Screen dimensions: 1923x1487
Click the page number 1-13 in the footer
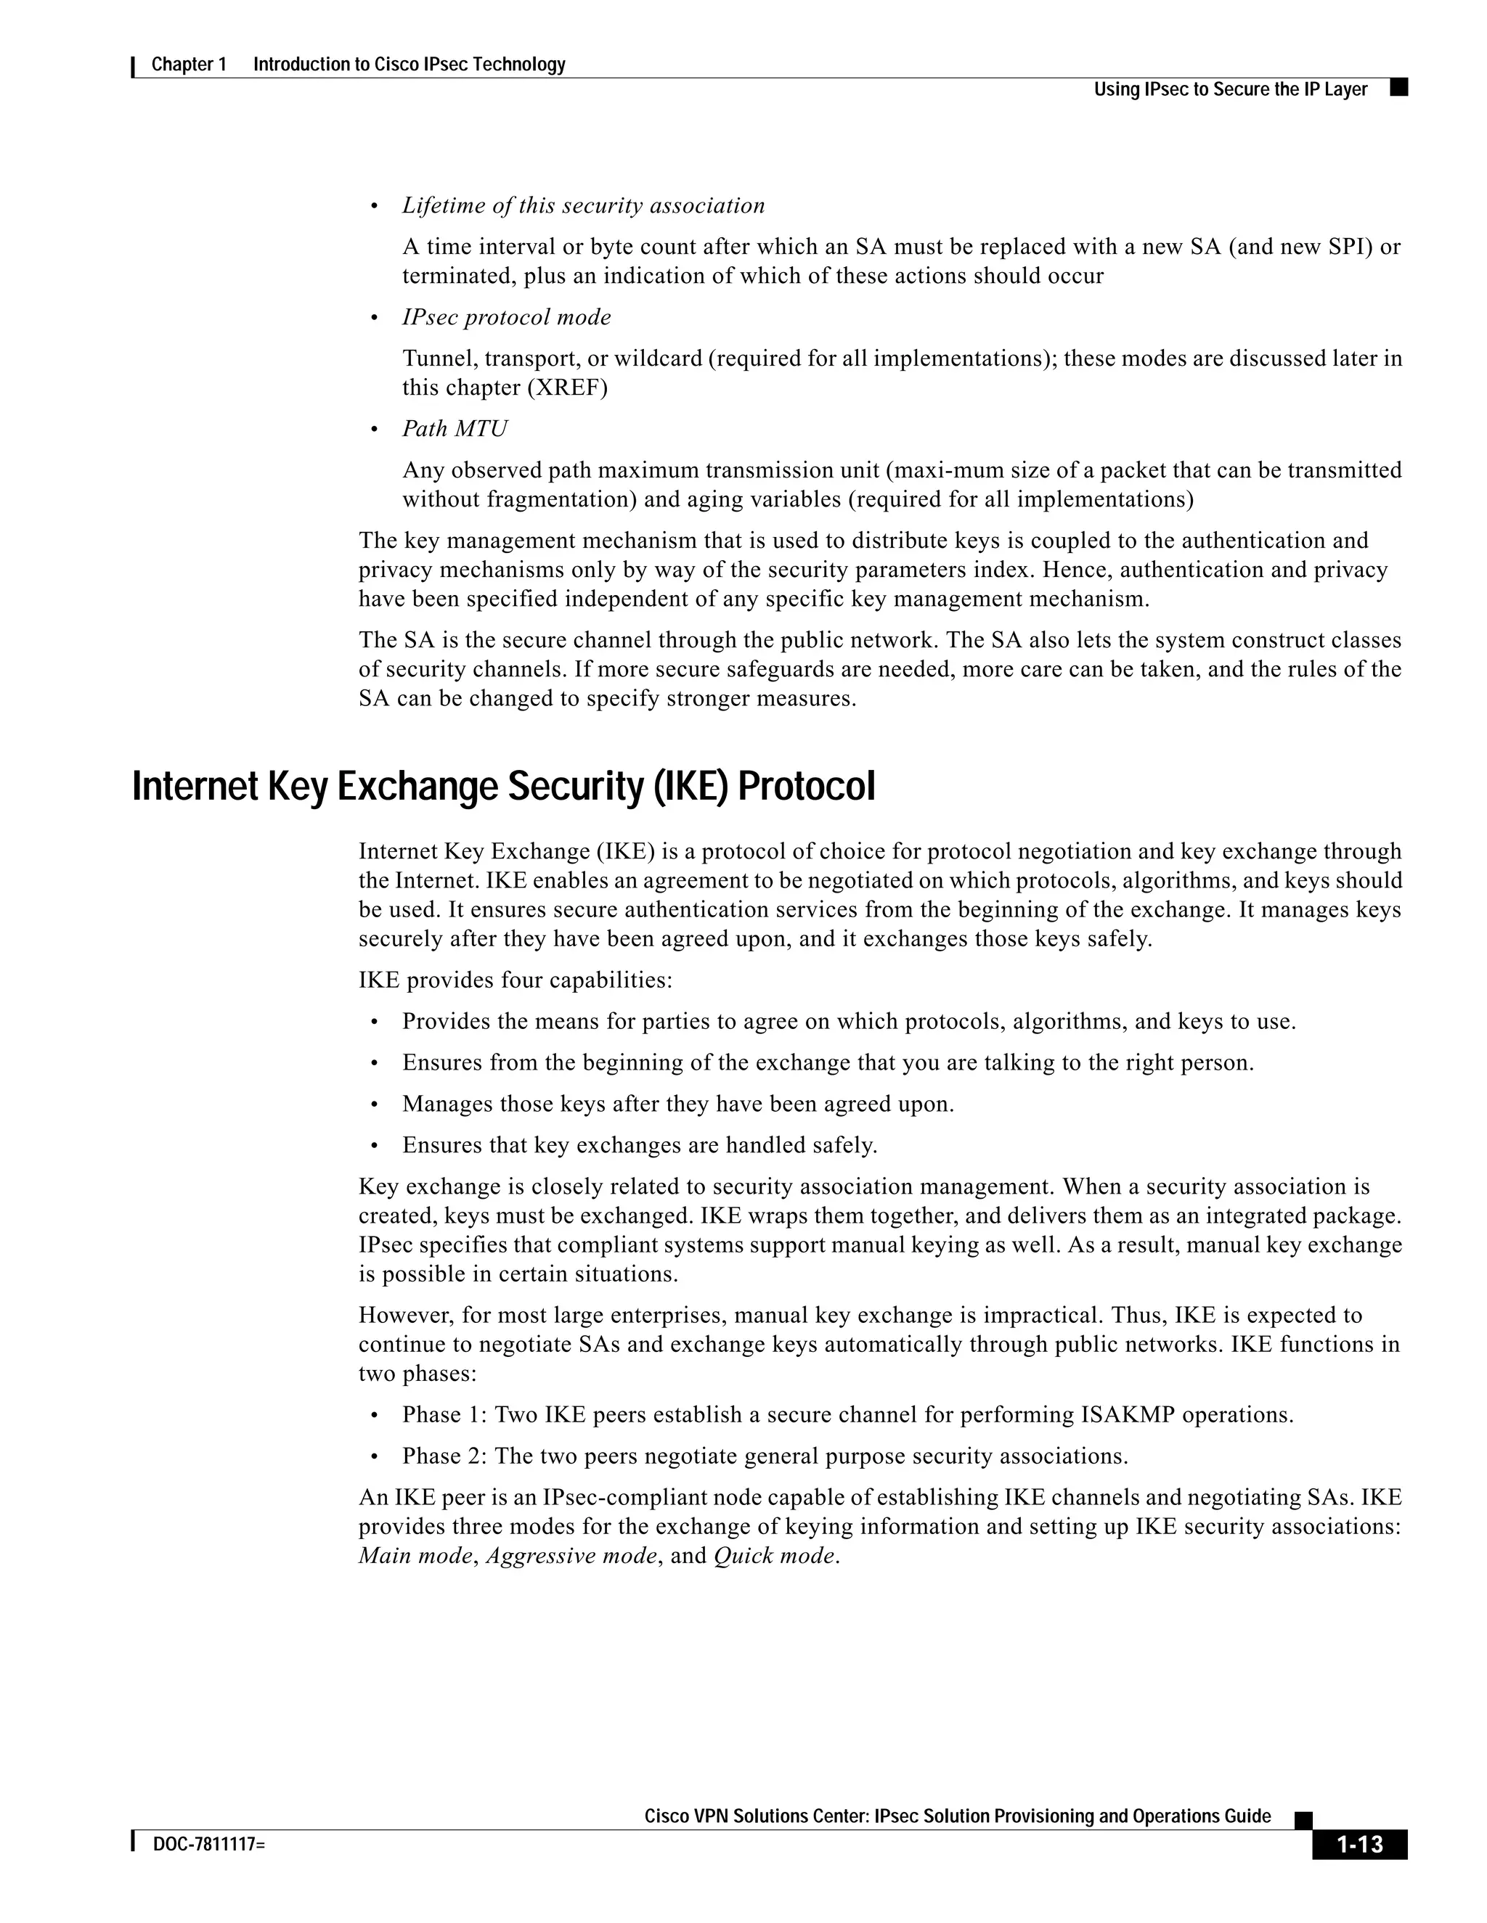click(x=1359, y=1843)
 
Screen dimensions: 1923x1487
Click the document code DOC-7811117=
click(x=209, y=1844)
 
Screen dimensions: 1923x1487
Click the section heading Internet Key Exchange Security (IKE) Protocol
click(x=503, y=787)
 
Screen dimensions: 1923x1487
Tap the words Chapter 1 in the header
click(x=189, y=65)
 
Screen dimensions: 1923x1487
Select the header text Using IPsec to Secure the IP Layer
click(x=1230, y=89)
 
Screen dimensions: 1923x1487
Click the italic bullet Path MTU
click(x=455, y=429)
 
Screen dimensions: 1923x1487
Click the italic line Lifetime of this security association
click(x=583, y=205)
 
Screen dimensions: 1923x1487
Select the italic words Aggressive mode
click(x=571, y=1555)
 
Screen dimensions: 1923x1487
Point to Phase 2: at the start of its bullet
click(x=445, y=1456)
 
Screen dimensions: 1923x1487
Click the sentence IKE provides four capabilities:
click(x=515, y=980)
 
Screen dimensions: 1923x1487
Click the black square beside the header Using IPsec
click(x=1398, y=87)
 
